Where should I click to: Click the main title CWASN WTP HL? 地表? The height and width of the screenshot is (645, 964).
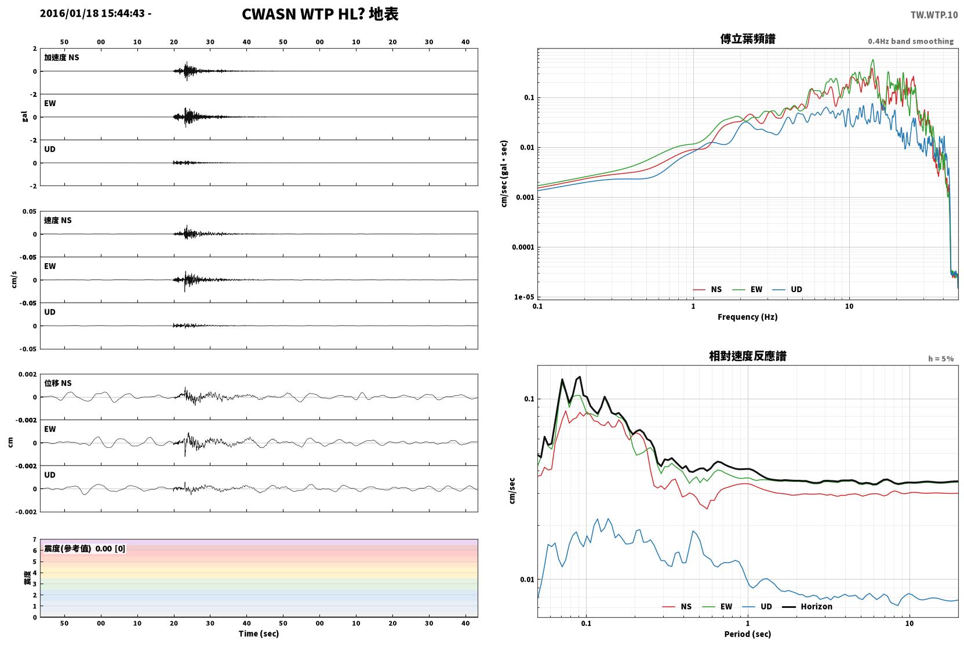(x=320, y=14)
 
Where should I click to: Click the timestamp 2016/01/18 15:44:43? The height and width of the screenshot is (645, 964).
(x=93, y=13)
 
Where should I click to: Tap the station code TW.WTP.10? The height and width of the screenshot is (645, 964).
(x=934, y=15)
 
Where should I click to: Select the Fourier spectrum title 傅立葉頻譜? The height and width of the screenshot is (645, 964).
(x=748, y=39)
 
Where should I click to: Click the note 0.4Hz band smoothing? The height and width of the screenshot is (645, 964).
(x=911, y=41)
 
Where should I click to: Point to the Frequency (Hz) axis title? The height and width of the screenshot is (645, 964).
(x=748, y=317)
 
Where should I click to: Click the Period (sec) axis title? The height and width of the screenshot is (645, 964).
(x=748, y=634)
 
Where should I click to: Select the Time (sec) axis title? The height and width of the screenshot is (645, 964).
(x=259, y=633)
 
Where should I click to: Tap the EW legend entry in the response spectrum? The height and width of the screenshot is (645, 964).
(x=717, y=606)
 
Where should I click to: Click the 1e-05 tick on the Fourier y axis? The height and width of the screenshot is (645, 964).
(x=524, y=297)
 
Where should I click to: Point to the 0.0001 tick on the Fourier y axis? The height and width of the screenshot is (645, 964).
(x=523, y=247)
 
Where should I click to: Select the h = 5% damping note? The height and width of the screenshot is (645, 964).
(x=941, y=358)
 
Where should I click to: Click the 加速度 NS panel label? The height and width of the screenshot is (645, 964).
(x=61, y=57)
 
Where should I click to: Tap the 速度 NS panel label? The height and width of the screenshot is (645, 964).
(x=57, y=220)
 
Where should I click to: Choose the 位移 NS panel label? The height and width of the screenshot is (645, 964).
(x=57, y=383)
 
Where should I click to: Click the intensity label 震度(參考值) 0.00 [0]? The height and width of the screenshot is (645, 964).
(x=85, y=549)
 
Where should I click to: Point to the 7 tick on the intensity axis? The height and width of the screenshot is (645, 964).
(x=35, y=540)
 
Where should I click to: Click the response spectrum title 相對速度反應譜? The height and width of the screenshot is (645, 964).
(x=748, y=356)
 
